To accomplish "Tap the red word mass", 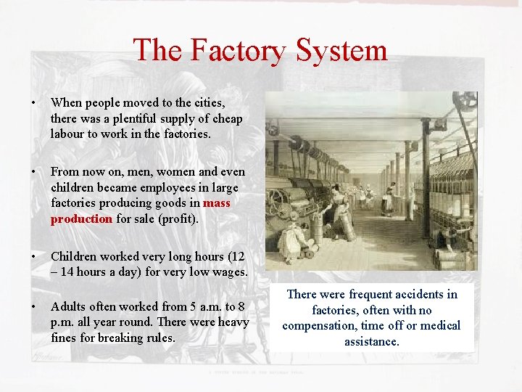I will [217, 203].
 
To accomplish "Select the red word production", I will [81, 219].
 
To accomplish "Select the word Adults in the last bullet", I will [69, 306].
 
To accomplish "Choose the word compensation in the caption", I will [318, 325].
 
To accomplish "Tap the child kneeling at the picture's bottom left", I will [290, 240].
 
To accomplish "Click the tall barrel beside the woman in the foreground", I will [347, 233].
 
